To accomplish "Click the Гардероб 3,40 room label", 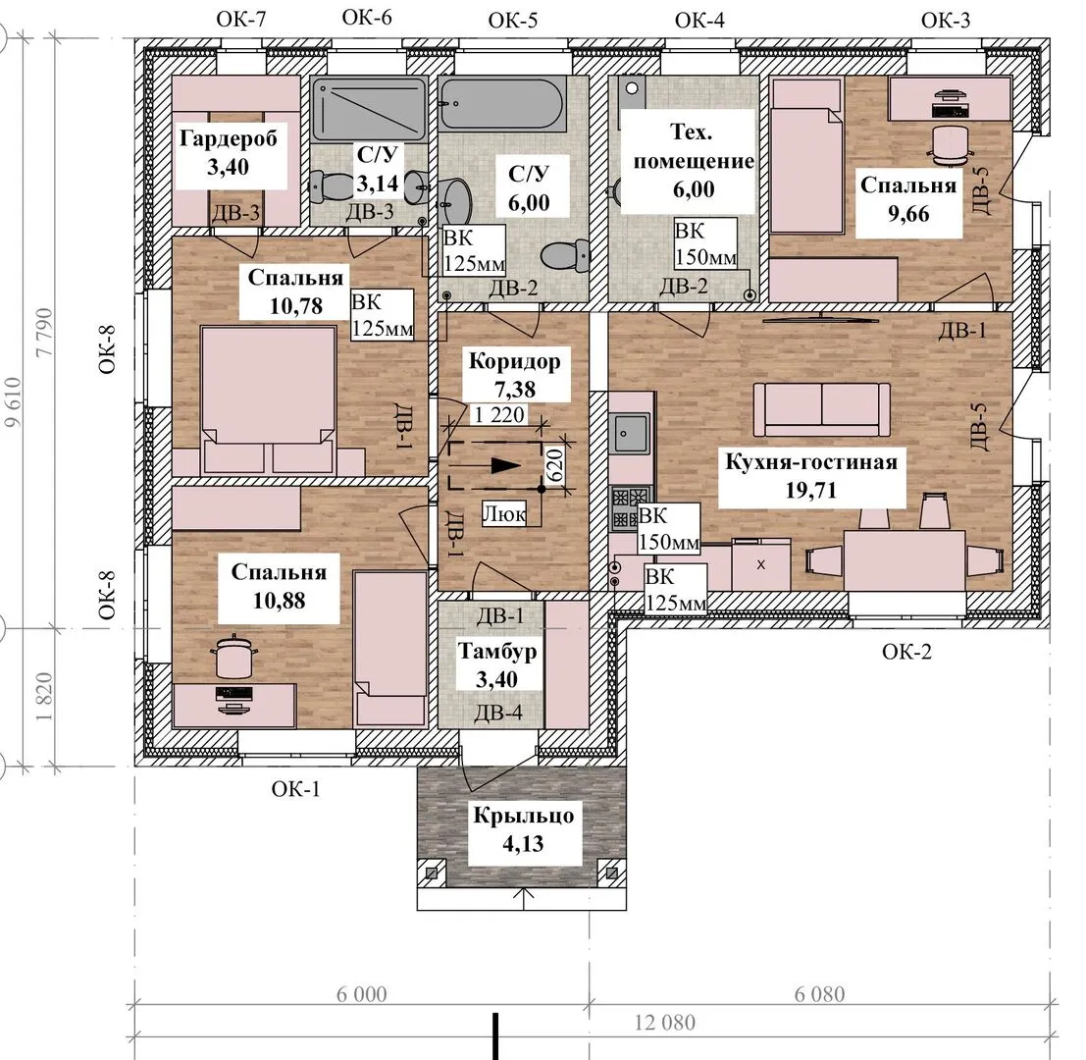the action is click(x=228, y=152).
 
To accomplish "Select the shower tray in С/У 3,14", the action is click(x=369, y=110).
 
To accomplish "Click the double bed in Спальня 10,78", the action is click(x=268, y=400).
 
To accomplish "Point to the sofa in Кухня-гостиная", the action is click(x=821, y=408).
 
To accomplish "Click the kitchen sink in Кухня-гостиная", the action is click(x=630, y=433).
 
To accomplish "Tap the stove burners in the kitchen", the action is click(x=630, y=507).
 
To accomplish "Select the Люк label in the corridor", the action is click(x=503, y=514).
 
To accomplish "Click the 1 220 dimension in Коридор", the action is click(x=498, y=414).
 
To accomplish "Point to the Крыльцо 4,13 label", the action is click(x=524, y=829).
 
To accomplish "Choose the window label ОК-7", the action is click(x=241, y=19).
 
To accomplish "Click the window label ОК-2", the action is click(x=906, y=652).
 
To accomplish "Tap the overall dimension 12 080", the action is click(x=665, y=1023).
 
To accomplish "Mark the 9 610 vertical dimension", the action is click(x=13, y=401).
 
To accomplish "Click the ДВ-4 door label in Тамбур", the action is click(x=498, y=712).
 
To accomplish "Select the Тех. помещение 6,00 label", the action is click(x=694, y=160).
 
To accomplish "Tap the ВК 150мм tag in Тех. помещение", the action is click(x=705, y=243).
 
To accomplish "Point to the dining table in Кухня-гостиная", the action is click(x=905, y=559).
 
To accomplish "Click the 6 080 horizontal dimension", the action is click(x=819, y=994).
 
